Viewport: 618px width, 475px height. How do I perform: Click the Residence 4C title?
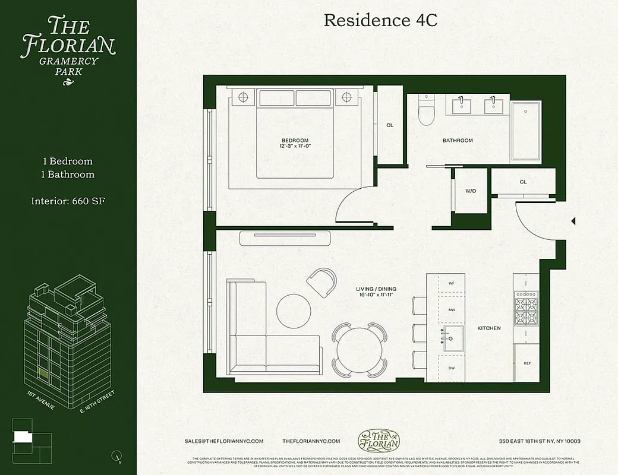(x=380, y=20)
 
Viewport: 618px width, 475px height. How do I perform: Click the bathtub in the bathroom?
(x=526, y=131)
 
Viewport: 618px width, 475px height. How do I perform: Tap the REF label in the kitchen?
(x=526, y=363)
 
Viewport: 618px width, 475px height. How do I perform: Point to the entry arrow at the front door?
(x=573, y=221)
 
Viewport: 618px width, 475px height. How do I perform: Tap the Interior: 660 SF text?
(x=68, y=201)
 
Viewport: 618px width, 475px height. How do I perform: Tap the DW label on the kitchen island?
(x=451, y=369)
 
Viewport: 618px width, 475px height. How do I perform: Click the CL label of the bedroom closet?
(x=390, y=125)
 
